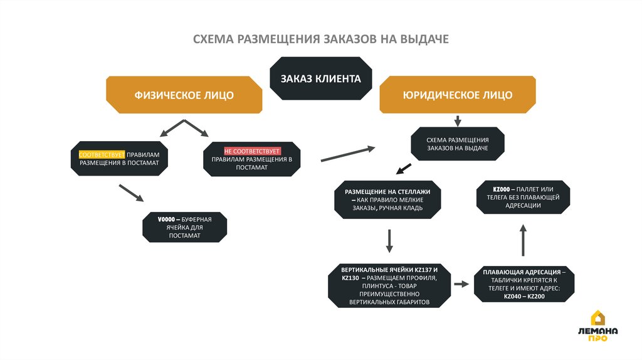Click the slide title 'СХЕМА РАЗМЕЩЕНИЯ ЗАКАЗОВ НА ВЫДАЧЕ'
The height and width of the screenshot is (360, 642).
tap(320, 40)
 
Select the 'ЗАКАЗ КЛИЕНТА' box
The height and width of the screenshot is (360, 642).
tap(320, 79)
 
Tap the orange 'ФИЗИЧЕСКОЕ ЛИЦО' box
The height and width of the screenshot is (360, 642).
tap(184, 95)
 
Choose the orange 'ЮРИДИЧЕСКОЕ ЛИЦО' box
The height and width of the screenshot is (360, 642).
tap(457, 95)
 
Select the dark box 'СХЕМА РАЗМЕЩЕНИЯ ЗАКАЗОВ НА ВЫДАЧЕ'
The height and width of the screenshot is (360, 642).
tap(457, 144)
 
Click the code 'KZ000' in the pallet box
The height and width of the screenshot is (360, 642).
tap(500, 189)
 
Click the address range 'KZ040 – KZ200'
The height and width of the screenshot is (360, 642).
tap(523, 296)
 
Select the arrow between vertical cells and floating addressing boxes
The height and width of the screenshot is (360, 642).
tap(461, 284)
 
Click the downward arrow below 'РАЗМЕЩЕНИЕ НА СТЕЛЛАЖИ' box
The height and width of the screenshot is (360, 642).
tap(389, 241)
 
